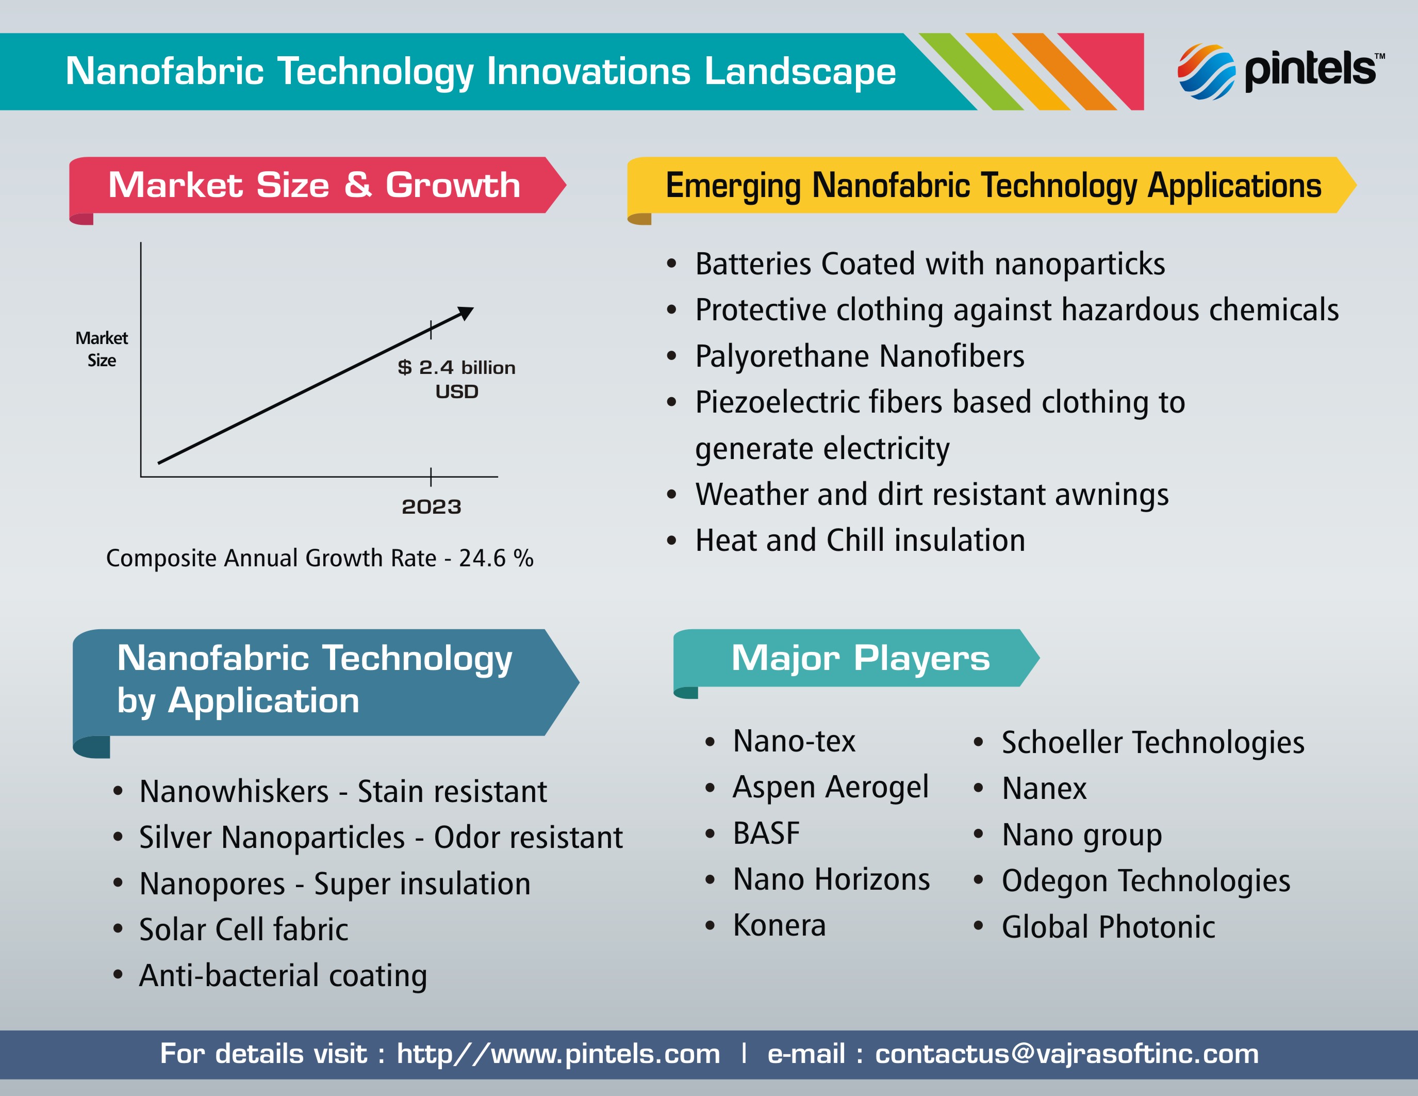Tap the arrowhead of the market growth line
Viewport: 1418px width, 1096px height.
467,313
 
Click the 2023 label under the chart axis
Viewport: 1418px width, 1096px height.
431,506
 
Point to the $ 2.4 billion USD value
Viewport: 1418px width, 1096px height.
456,379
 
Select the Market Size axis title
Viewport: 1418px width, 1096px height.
102,349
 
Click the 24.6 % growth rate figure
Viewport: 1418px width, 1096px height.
496,558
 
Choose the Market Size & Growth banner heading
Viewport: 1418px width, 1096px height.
314,185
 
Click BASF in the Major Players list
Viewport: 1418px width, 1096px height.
766,833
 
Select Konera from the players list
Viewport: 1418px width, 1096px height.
779,925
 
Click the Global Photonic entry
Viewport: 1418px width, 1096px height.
1108,926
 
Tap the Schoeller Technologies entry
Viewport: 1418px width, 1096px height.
1153,742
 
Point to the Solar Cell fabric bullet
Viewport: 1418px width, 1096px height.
243,929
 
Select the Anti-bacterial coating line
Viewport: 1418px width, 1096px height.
283,975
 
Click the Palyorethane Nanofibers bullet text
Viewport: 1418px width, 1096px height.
860,356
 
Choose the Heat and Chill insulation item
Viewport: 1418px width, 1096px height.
860,540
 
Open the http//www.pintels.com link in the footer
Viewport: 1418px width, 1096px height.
558,1054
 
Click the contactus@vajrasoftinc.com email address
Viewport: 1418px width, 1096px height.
1067,1054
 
